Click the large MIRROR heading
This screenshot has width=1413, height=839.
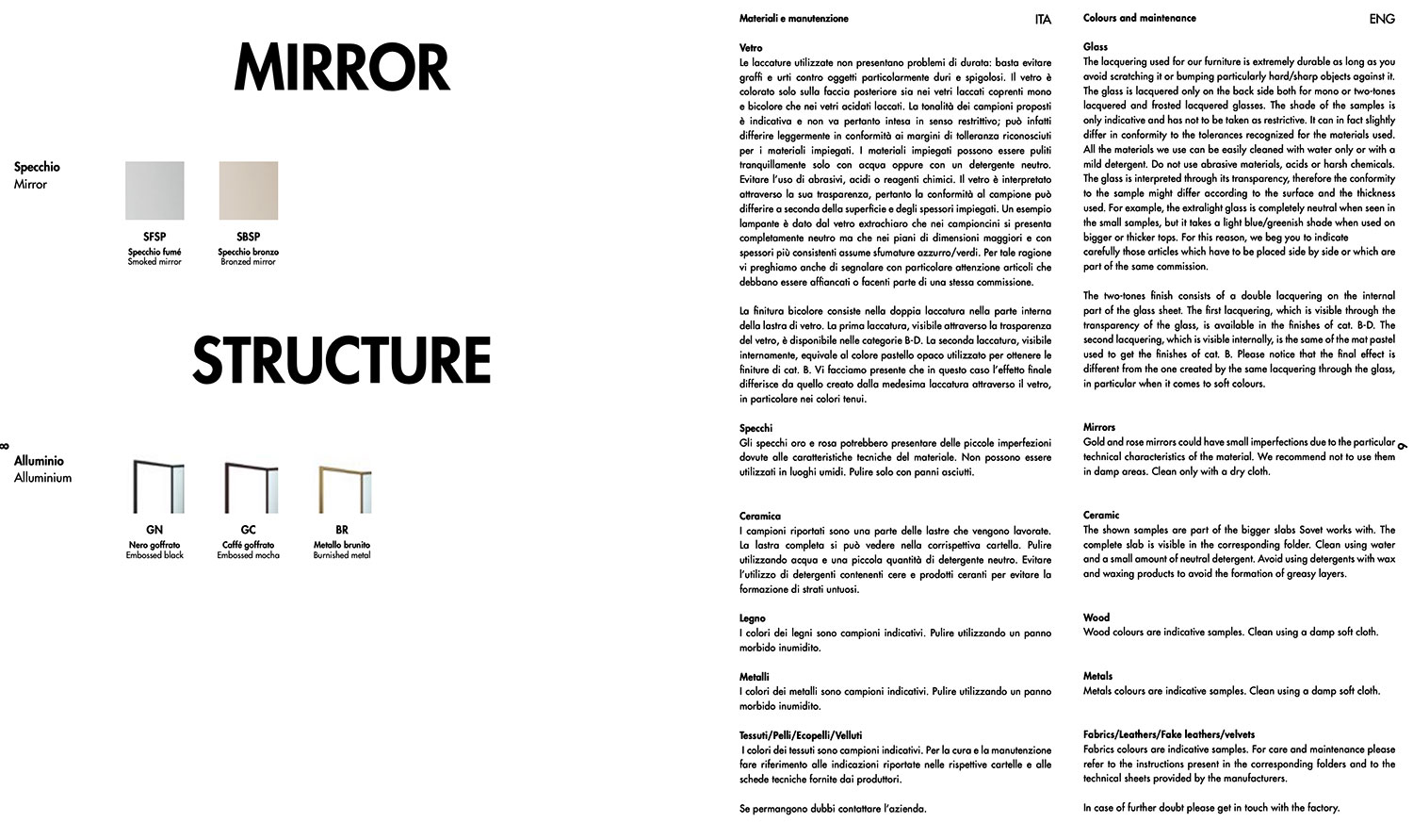click(x=341, y=68)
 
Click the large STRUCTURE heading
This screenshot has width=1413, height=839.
click(x=341, y=360)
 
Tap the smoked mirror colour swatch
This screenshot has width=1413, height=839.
click(x=154, y=190)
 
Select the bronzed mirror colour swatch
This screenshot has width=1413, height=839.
click(x=249, y=190)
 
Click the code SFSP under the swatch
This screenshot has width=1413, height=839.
click(x=154, y=237)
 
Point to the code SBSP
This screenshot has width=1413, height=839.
click(x=249, y=237)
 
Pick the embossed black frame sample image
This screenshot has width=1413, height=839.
click(x=156, y=486)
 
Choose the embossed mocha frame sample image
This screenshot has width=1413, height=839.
click(x=250, y=486)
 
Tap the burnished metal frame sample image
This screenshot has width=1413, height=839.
click(x=344, y=486)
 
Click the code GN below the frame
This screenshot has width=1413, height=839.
click(x=154, y=530)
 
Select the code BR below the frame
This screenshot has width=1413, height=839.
click(x=342, y=530)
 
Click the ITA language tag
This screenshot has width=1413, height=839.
click(x=1043, y=19)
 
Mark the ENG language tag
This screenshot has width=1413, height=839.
click(x=1382, y=19)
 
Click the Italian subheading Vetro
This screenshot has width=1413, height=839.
click(x=751, y=47)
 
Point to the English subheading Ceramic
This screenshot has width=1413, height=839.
click(x=1101, y=515)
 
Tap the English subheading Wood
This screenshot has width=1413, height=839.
click(x=1096, y=617)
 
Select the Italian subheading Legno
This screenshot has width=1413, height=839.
click(x=753, y=618)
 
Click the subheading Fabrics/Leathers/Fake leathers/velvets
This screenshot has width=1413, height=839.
click(x=1168, y=733)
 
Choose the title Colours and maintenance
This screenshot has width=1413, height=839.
click(x=1139, y=18)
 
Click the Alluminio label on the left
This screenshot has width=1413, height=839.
click(x=39, y=461)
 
